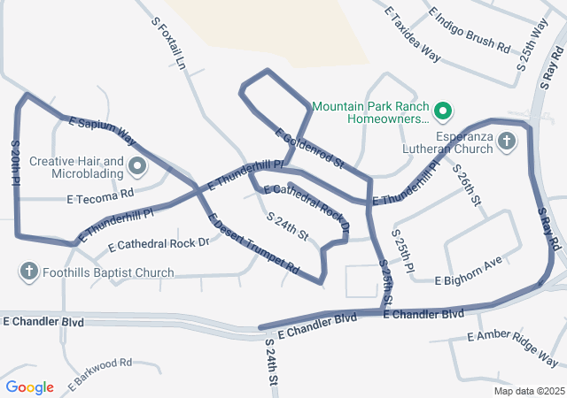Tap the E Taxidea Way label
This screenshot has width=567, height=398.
point(412,33)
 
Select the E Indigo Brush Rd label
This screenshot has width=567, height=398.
point(469,29)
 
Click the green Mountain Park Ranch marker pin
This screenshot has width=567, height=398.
point(444,111)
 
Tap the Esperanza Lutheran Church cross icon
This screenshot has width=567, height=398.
point(506,142)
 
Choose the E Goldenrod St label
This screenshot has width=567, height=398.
point(309,148)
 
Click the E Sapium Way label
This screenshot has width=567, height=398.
point(102,131)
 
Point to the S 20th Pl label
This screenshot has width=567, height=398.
point(16,161)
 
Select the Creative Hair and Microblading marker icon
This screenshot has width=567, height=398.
point(137,165)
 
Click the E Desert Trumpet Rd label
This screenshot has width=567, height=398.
point(252,242)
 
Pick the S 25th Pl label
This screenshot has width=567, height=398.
point(402,250)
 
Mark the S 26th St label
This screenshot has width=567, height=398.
point(466,185)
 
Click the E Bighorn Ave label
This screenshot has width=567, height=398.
point(469,271)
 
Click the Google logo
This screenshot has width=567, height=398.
point(29,387)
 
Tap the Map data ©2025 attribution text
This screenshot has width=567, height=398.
point(528,391)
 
